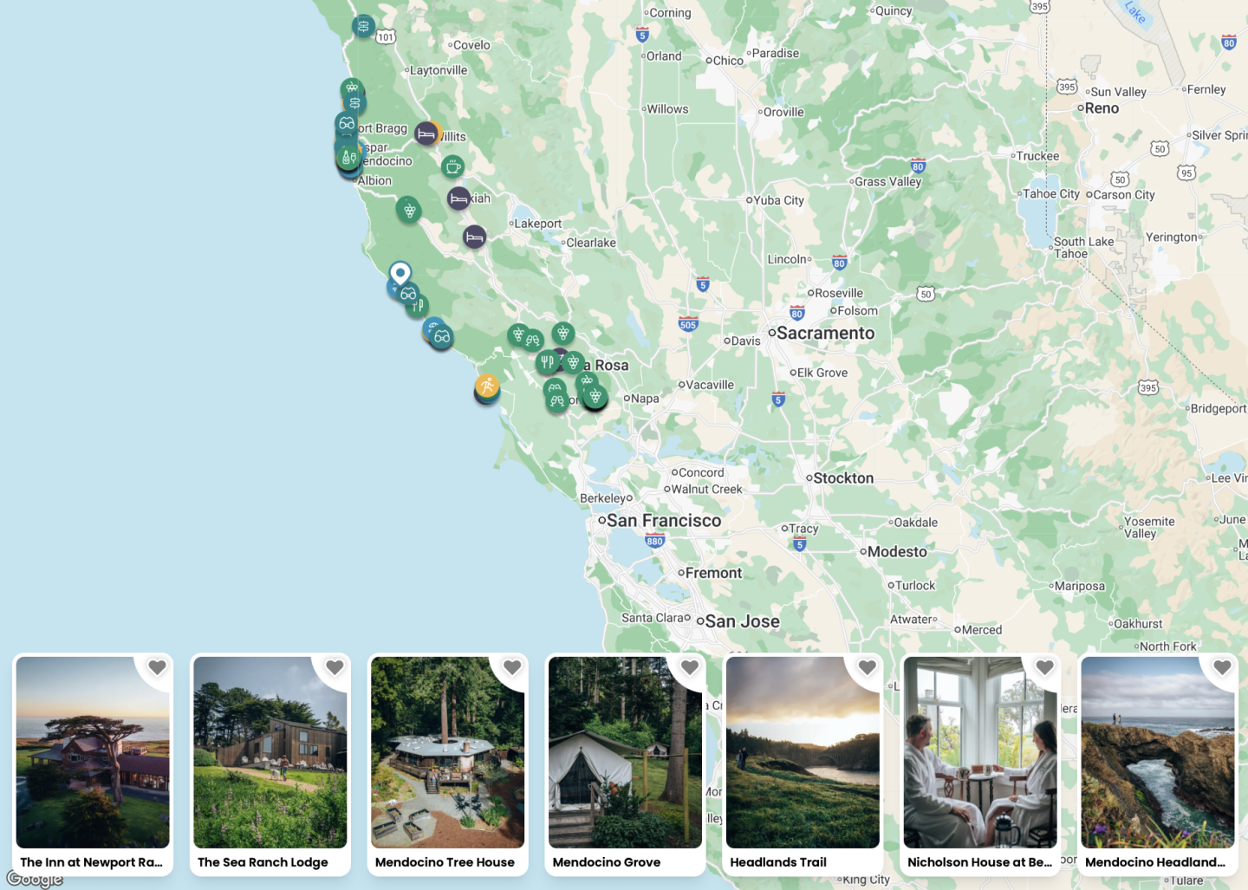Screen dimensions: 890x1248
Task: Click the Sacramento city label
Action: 825,334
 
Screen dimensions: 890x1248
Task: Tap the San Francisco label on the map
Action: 664,521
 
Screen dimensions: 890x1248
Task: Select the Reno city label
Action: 1102,108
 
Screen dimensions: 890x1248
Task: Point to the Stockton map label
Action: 843,478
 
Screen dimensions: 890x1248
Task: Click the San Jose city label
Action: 742,621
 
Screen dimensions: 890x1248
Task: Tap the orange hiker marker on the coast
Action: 487,387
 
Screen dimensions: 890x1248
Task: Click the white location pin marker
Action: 400,274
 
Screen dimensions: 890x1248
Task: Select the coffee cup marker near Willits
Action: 452,166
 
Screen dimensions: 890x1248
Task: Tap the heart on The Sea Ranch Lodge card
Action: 335,667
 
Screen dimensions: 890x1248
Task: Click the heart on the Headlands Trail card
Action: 867,667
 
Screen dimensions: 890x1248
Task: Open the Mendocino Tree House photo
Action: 447,752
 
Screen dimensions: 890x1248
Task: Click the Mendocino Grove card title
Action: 607,862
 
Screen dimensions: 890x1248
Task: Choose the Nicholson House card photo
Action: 980,752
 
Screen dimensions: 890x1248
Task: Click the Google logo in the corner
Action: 35,880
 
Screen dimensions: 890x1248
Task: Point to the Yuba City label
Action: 778,200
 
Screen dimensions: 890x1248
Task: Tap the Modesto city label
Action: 897,552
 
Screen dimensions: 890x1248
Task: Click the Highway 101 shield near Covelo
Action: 386,36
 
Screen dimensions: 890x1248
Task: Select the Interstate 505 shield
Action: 688,325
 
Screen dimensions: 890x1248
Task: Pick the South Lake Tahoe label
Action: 1083,248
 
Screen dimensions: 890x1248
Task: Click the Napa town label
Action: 645,399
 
